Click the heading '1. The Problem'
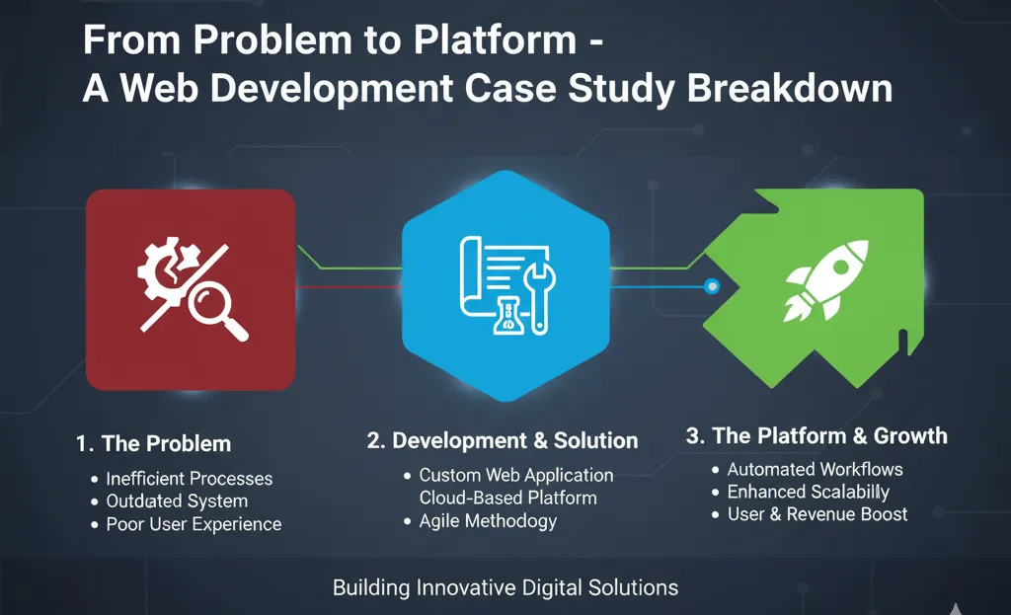[153, 443]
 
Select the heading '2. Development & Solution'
[503, 440]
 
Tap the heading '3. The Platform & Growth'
[817, 435]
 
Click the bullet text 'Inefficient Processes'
[190, 479]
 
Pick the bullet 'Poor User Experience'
[194, 524]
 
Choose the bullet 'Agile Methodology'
[488, 520]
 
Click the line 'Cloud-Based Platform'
[507, 498]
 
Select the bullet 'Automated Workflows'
[815, 470]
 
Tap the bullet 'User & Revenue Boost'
[817, 514]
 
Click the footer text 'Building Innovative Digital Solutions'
[505, 588]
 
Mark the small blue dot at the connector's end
[711, 286]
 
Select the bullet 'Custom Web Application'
[515, 475]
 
